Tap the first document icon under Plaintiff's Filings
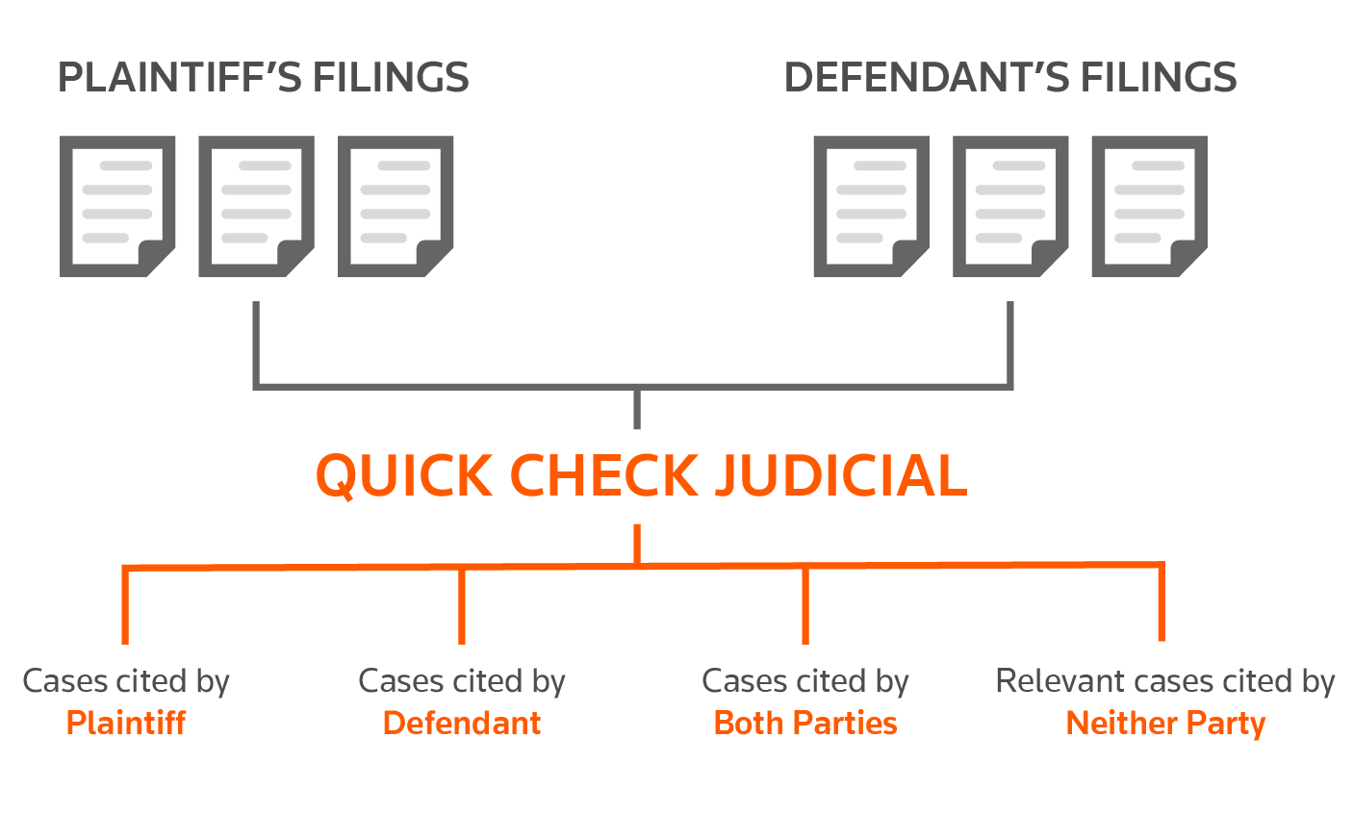[117, 206]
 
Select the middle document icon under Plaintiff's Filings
[256, 206]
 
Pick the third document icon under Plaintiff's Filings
[396, 206]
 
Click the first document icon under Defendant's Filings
[871, 206]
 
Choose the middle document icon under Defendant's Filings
[1010, 206]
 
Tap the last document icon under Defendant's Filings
[1149, 206]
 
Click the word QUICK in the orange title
[403, 476]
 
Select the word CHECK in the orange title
[604, 475]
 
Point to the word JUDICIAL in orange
[841, 475]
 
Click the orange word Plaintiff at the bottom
[126, 723]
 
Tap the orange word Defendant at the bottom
[462, 723]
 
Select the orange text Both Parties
[805, 723]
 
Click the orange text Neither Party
[1165, 724]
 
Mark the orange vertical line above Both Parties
[805, 605]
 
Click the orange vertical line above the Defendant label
[462, 606]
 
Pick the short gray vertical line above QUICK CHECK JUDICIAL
[637, 409]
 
